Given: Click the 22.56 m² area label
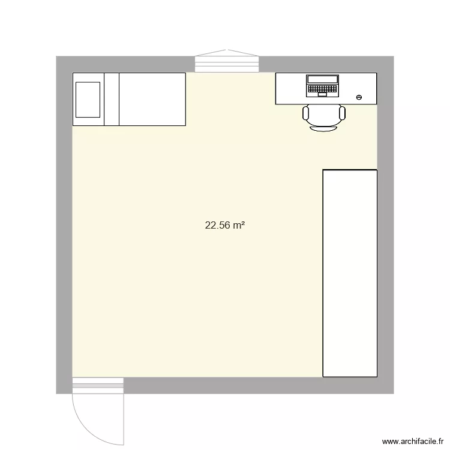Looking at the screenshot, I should click(225, 226).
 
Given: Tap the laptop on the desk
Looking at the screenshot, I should click(322, 86).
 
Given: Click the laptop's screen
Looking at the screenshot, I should click(322, 79).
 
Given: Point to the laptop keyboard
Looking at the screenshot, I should click(322, 89).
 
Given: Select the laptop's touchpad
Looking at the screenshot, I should click(322, 94).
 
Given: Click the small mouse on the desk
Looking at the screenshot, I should click(359, 97).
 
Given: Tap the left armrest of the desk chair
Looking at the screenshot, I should click(305, 112).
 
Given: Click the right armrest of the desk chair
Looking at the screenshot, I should click(343, 112).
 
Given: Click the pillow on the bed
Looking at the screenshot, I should click(88, 100).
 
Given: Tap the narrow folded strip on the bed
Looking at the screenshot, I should click(112, 100).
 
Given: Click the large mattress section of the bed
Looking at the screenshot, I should click(152, 100).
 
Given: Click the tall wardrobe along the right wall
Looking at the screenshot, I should click(350, 273).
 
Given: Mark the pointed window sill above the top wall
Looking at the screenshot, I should click(227, 52).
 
